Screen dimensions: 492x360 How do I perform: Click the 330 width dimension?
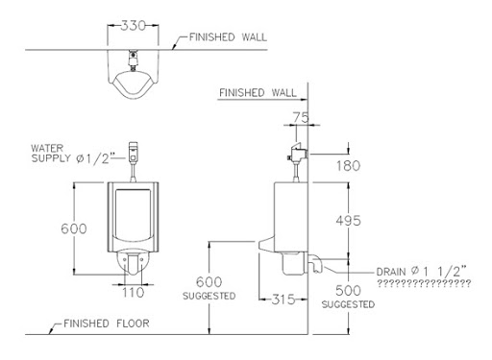(133, 25)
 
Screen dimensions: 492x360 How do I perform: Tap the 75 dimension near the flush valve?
(301, 117)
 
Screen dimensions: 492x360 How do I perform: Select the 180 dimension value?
(348, 166)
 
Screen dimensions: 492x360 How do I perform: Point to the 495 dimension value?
(348, 221)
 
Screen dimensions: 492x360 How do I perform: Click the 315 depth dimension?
(283, 300)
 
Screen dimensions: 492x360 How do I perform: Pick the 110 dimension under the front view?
(134, 292)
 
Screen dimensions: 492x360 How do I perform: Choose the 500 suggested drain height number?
(348, 291)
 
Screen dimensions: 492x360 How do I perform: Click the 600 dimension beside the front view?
(74, 228)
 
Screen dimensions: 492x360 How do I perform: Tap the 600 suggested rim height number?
(209, 282)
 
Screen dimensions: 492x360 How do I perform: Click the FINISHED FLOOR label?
(107, 324)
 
